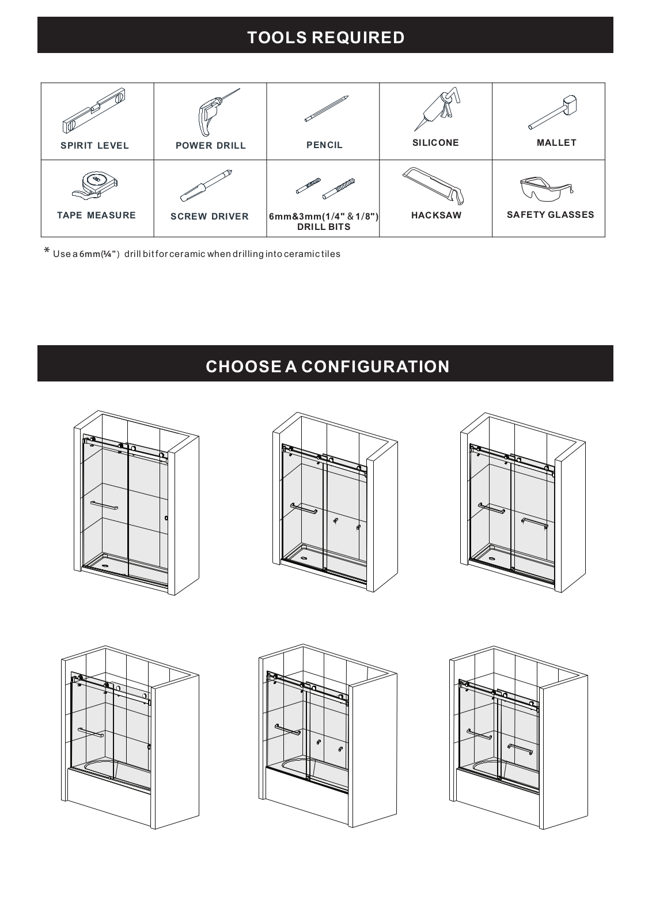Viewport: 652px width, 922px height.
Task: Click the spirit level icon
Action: pyautogui.click(x=94, y=110)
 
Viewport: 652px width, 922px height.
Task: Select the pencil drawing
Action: pyautogui.click(x=327, y=109)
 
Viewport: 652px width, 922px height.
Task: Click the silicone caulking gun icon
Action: pyautogui.click(x=437, y=109)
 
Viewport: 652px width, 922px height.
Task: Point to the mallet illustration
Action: pyautogui.click(x=553, y=112)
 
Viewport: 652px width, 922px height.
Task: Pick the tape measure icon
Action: pyautogui.click(x=96, y=186)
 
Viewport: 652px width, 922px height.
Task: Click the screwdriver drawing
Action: pyautogui.click(x=206, y=185)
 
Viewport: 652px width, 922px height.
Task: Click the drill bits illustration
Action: pyautogui.click(x=325, y=188)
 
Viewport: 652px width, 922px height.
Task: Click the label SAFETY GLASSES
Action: pyautogui.click(x=551, y=215)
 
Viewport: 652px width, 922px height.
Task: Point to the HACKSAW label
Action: pyautogui.click(x=437, y=216)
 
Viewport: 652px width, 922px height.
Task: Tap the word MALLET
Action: pyautogui.click(x=556, y=143)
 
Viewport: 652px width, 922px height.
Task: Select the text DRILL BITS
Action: pyautogui.click(x=324, y=227)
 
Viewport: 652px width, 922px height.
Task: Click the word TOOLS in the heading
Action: pyautogui.click(x=277, y=37)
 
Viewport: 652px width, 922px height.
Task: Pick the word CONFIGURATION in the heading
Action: pyautogui.click(x=376, y=366)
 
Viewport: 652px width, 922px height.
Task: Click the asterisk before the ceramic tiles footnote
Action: pyautogui.click(x=47, y=250)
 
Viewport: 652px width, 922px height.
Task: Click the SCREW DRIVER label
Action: pyautogui.click(x=210, y=217)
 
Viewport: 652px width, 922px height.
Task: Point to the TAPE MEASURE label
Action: pyautogui.click(x=96, y=216)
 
